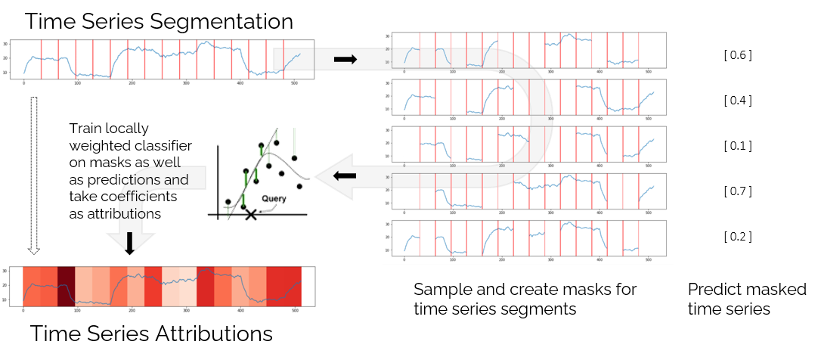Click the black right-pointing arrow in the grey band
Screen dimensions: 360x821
click(345, 59)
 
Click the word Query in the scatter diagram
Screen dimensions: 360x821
click(274, 198)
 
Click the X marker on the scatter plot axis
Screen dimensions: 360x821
click(251, 216)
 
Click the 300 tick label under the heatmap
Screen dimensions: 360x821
click(241, 311)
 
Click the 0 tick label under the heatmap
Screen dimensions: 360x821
click(23, 311)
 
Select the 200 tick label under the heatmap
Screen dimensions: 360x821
click(132, 311)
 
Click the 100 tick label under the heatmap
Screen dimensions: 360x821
click(77, 311)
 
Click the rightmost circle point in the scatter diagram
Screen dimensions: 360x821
click(299, 186)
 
